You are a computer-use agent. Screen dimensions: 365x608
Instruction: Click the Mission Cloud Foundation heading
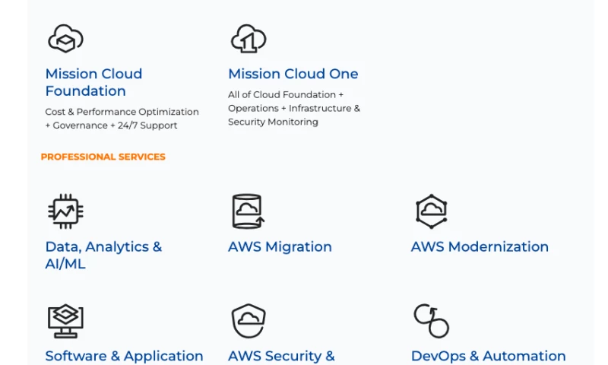[93, 82]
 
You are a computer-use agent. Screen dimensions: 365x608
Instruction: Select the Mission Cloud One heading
[293, 74]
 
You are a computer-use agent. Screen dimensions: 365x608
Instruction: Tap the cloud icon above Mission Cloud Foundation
[65, 38]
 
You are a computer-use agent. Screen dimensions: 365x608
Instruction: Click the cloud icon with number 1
[248, 38]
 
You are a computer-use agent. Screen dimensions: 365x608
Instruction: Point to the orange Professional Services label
[103, 157]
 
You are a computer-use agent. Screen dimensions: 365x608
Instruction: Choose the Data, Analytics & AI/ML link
[103, 255]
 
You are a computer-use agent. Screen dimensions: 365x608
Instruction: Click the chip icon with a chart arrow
[65, 211]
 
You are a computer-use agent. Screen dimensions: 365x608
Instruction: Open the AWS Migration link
[280, 246]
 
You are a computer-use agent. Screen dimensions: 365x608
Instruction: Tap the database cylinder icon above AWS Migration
[248, 211]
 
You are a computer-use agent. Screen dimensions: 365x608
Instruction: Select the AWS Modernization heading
[480, 246]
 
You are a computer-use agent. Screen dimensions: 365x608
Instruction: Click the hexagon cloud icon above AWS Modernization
[431, 211]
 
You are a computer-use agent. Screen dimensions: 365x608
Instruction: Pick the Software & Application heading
[124, 356]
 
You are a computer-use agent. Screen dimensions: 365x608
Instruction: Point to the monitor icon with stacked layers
[65, 321]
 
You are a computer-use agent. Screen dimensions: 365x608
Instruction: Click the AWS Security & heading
[281, 356]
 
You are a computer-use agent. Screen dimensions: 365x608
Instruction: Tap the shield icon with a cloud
[248, 321]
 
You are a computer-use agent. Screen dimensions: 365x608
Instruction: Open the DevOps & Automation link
[488, 356]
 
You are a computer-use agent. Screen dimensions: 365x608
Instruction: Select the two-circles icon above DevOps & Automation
[431, 321]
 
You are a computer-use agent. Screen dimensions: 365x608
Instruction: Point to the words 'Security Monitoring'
[273, 122]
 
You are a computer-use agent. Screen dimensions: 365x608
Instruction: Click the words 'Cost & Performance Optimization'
[122, 112]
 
